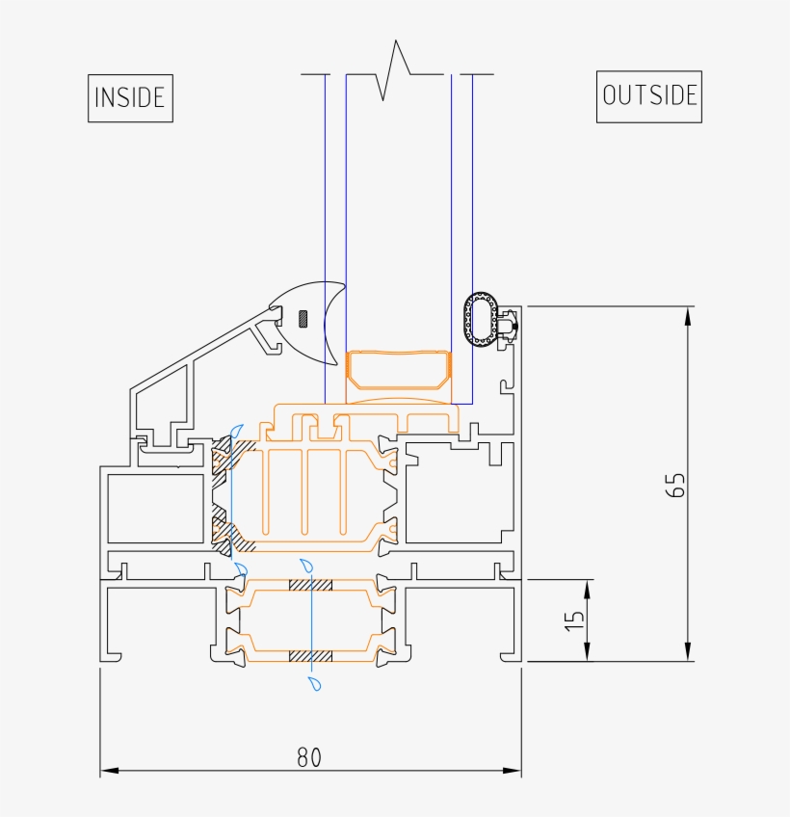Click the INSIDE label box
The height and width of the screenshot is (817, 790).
point(130,97)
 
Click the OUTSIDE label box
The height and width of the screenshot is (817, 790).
point(648,95)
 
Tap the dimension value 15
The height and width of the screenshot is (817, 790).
point(574,620)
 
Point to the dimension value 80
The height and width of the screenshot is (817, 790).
point(308,757)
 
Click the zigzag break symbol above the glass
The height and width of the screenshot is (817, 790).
point(396,71)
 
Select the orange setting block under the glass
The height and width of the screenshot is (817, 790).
point(398,370)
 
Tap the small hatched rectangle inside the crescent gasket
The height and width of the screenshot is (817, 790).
point(303,317)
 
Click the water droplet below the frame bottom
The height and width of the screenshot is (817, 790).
point(314,684)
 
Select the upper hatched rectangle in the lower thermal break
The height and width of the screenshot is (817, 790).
point(311,586)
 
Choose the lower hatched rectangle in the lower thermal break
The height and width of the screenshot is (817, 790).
point(311,655)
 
